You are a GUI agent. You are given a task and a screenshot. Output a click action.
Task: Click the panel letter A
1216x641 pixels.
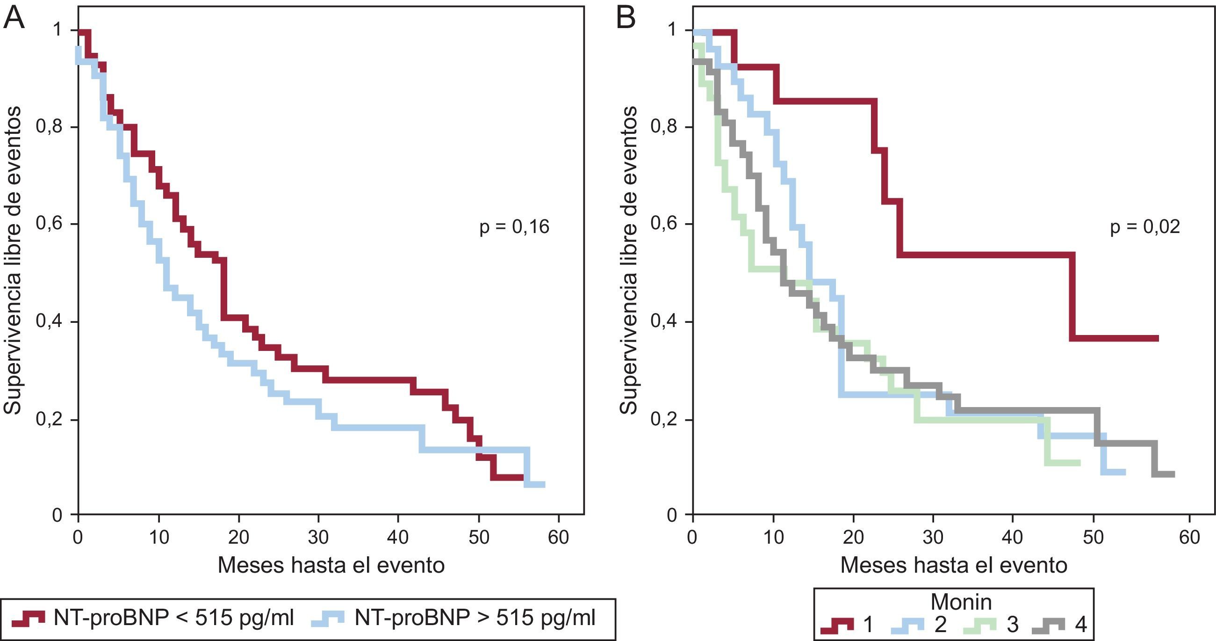14,19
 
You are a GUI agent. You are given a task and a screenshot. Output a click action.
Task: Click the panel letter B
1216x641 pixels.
626,19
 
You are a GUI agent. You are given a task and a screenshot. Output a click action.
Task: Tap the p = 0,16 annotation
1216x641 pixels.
515,227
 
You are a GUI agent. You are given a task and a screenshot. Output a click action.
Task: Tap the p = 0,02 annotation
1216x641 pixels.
1145,227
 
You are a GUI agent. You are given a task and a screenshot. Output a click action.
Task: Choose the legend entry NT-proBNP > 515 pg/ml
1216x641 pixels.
453,619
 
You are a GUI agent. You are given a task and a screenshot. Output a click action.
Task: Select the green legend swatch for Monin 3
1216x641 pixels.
979,626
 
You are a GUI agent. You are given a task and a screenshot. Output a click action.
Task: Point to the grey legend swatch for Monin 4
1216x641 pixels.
1049,626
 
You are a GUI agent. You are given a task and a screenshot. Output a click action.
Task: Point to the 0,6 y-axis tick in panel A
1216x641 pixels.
49,225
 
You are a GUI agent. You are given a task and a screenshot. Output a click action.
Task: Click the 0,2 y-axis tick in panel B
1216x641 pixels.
664,420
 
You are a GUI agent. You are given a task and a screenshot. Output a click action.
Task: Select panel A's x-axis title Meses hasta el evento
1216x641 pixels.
331,565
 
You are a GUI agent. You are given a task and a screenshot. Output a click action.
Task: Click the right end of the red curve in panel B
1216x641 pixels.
1158,338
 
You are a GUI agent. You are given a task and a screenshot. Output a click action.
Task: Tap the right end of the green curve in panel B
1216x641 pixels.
1079,462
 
